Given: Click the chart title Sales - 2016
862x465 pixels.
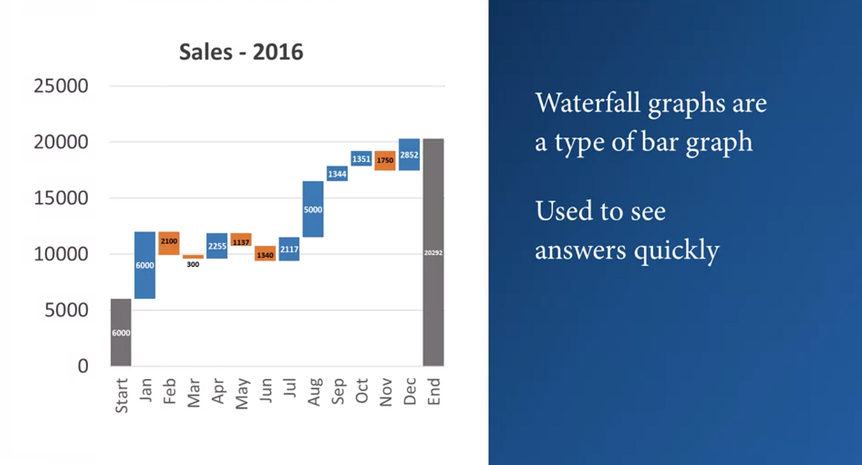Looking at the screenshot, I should tap(241, 52).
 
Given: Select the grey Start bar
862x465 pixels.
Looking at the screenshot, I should tap(121, 333).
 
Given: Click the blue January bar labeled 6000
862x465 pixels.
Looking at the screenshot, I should tap(145, 265).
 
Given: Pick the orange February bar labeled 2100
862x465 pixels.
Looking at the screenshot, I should tap(169, 243).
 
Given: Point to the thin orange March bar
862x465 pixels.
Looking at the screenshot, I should tap(193, 257).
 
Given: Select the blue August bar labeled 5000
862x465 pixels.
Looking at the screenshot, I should tap(313, 209).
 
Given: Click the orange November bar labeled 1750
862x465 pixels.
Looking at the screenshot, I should tap(385, 160).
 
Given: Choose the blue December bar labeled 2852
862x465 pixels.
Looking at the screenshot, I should tap(409, 155).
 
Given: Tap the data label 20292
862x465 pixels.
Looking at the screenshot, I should tap(433, 253).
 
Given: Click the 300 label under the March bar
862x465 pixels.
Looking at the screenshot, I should tap(193, 265).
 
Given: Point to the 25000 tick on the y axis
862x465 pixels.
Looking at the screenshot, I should tap(61, 86).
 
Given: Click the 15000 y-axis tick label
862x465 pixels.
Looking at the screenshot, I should tap(61, 198).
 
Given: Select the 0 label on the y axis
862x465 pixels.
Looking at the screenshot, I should tap(83, 366).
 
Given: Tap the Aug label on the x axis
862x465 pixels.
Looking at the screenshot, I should tap(314, 392).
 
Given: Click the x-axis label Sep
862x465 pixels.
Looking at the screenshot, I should tap(337, 391).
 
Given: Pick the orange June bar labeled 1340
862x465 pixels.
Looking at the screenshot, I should tap(265, 254).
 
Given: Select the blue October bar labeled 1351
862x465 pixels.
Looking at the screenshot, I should tap(361, 159).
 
